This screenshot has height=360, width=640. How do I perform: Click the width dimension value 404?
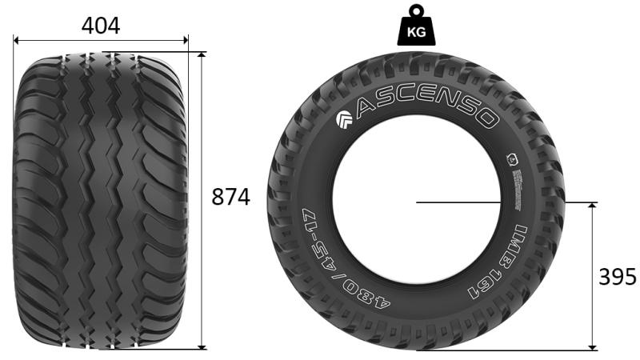coord(101,26)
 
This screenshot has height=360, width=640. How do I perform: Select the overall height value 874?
coord(230,197)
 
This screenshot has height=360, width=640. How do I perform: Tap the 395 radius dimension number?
coord(618,277)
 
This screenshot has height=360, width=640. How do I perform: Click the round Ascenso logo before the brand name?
coord(344,119)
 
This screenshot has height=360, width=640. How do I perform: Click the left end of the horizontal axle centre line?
coord(417,202)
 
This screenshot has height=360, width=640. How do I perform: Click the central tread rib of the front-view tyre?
coord(102,200)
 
